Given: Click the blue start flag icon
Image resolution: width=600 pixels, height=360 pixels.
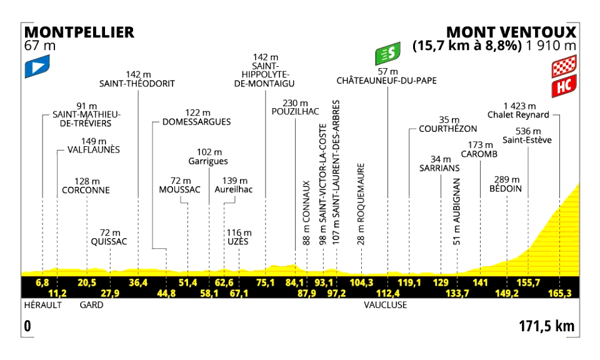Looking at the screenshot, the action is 37,66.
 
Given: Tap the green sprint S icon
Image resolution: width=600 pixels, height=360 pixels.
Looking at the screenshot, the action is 387,53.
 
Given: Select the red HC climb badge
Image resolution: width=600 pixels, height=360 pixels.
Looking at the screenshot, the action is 564,86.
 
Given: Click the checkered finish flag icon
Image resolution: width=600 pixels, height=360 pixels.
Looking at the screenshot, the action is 564,66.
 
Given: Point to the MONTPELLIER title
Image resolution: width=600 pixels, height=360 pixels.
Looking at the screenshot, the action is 79,32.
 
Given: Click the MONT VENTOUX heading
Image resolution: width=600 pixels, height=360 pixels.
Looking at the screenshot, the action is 511,32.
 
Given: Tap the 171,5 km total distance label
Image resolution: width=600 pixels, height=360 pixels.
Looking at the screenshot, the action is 546,326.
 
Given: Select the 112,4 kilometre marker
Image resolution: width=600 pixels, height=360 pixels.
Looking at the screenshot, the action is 388,293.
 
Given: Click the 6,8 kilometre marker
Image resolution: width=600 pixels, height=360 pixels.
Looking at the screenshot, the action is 42,282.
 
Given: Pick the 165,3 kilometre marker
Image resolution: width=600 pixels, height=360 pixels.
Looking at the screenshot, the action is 559,293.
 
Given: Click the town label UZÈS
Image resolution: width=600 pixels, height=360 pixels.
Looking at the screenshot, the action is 237,241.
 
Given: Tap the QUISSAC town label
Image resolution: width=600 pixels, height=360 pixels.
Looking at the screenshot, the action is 109,241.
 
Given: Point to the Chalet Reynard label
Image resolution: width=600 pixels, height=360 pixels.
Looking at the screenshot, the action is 518,115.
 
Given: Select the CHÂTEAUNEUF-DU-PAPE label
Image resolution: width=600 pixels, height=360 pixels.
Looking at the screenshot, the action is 386,81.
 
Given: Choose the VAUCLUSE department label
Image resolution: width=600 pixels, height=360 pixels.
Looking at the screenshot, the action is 386,305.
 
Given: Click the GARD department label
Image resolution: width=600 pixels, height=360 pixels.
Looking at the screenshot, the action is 91,305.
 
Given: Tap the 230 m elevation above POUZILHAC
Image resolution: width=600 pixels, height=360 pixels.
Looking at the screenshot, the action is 295,103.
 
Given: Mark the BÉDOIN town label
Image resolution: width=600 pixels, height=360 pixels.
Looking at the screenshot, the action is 506,189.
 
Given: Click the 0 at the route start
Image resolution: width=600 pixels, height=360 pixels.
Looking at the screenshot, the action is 27,326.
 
